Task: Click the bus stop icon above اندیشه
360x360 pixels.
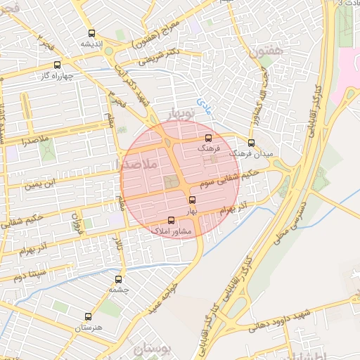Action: [91, 33]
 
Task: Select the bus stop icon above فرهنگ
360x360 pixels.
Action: [207, 139]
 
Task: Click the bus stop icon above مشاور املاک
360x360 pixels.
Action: [171, 220]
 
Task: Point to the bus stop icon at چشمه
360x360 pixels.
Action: [118, 279]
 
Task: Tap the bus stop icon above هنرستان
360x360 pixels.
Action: [88, 316]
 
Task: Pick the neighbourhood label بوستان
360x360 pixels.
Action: [148, 348]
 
